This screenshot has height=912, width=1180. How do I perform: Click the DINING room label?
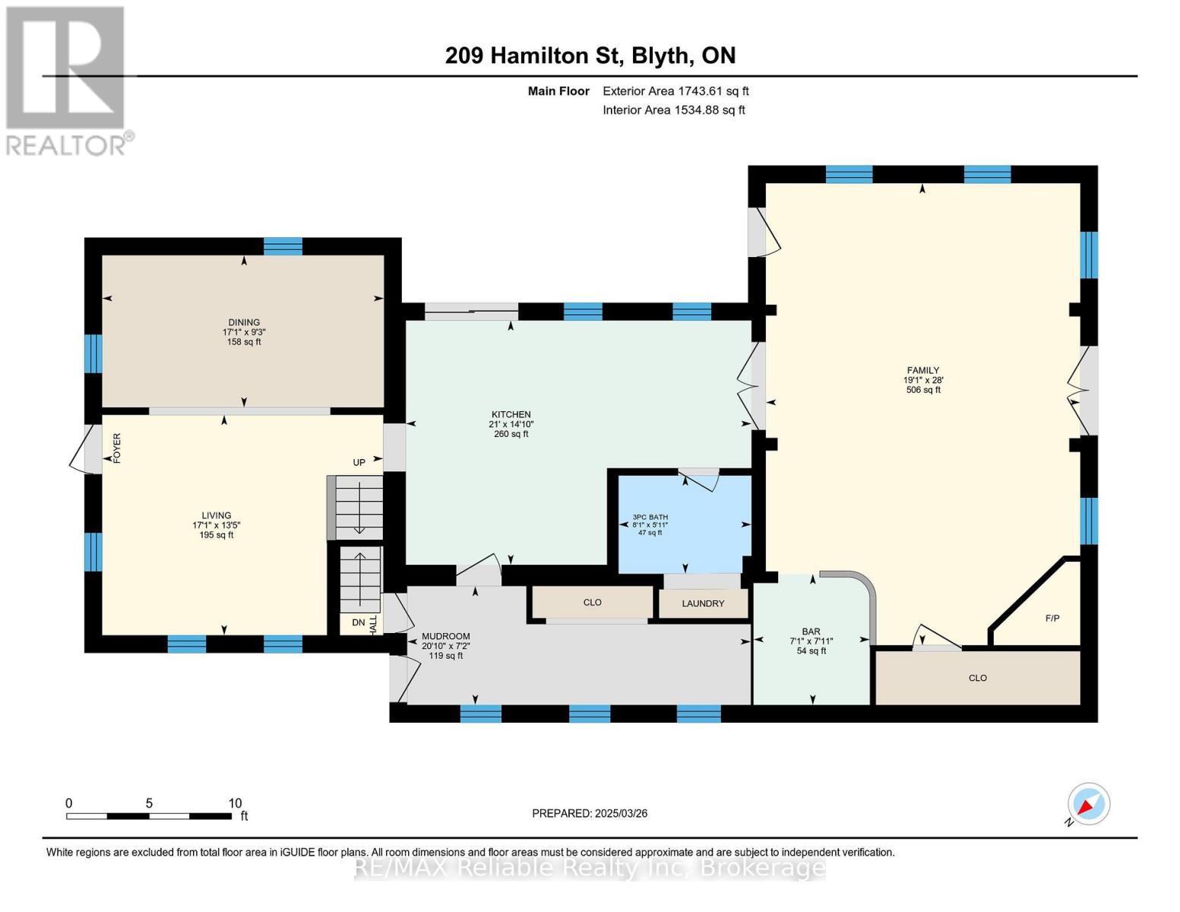244,322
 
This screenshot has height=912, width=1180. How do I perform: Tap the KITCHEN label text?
511,414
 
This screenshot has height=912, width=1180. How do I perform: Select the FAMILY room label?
922,370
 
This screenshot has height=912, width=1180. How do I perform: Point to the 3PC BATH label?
650,517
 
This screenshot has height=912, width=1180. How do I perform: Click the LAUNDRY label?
703,603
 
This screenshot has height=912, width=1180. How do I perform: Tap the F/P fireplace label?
1052,618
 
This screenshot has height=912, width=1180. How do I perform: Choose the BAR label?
811,631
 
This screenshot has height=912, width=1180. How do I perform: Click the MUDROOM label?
446,636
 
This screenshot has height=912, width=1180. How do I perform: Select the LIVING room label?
216,515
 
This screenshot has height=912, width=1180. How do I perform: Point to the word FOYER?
117,448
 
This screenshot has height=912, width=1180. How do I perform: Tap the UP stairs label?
359,462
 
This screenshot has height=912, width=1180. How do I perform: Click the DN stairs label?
359,622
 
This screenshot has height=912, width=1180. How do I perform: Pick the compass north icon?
1088,804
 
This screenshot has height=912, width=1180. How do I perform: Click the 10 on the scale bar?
235,803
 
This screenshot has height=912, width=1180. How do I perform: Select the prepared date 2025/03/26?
622,813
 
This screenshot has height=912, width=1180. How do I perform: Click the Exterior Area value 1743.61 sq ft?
711,91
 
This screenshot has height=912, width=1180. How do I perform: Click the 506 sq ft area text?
923,390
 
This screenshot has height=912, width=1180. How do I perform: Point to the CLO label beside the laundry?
592,603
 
